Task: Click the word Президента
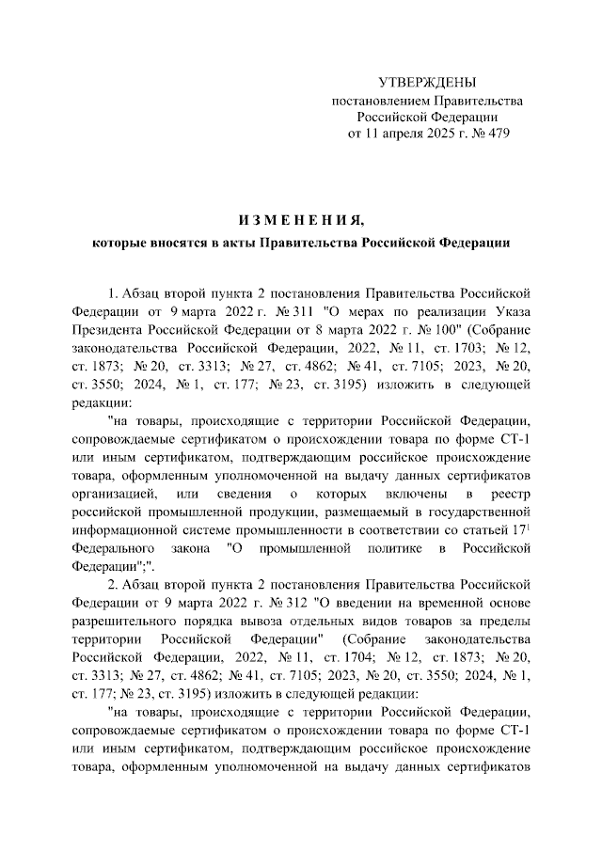pyautogui.click(x=109, y=330)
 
